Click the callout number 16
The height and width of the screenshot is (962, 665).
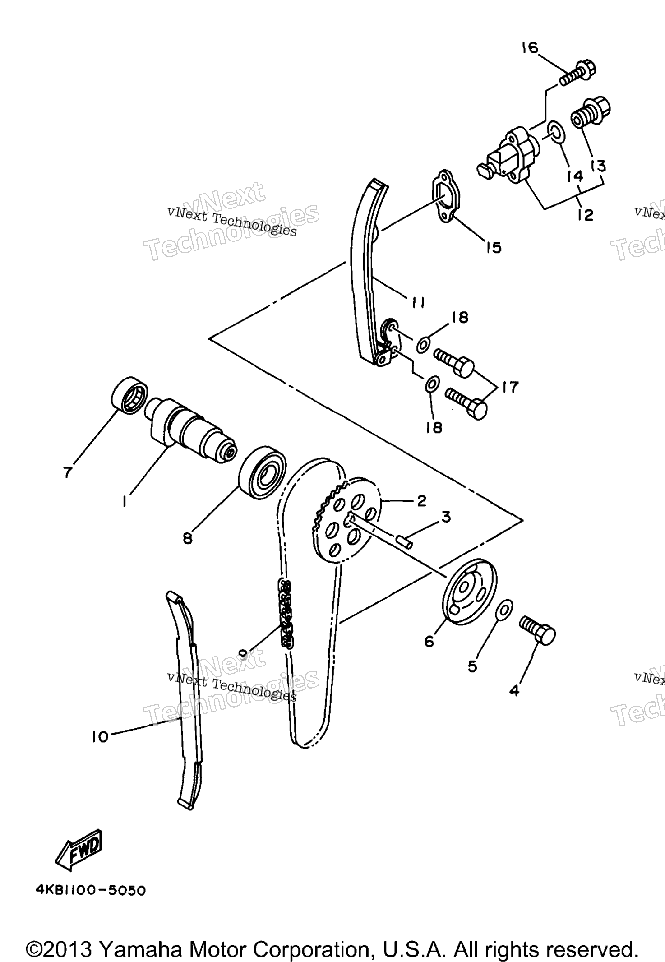(530, 47)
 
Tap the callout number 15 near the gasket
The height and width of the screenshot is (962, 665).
(494, 247)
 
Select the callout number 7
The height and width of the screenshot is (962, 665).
(67, 472)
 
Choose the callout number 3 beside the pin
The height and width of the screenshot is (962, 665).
(446, 517)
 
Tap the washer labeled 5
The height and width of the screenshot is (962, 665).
(504, 609)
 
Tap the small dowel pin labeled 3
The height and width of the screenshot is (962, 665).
(403, 540)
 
